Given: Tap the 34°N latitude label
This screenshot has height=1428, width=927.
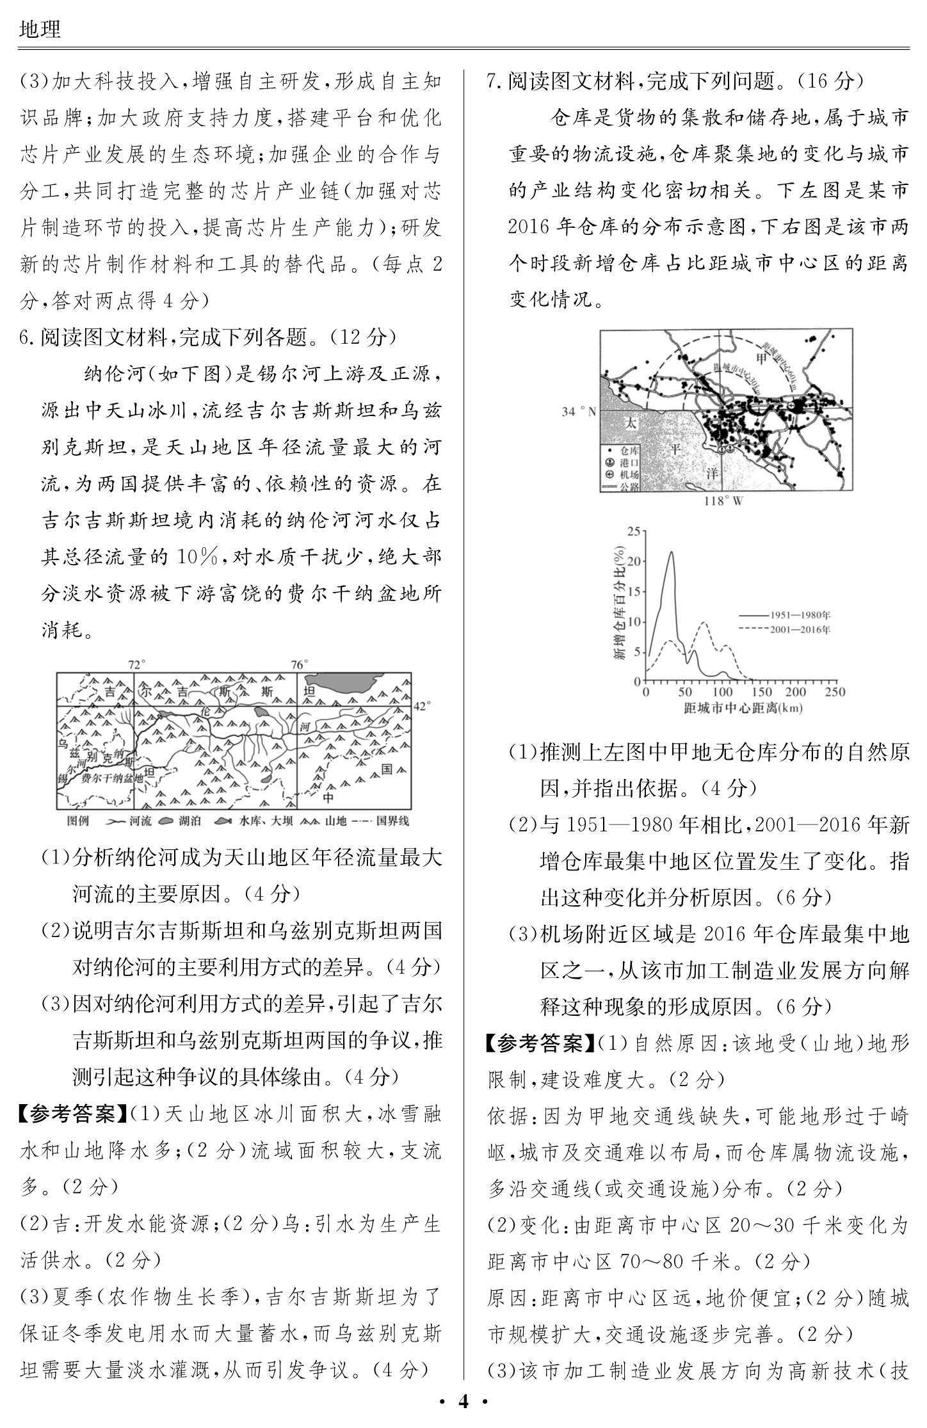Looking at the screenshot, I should click(x=578, y=412).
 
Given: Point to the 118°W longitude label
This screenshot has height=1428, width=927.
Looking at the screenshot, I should click(x=723, y=501).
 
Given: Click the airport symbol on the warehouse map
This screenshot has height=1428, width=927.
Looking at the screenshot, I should click(x=797, y=405).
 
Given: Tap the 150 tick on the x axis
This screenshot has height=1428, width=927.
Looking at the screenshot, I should click(x=761, y=692).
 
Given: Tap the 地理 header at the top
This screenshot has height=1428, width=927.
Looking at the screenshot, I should click(x=40, y=29).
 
